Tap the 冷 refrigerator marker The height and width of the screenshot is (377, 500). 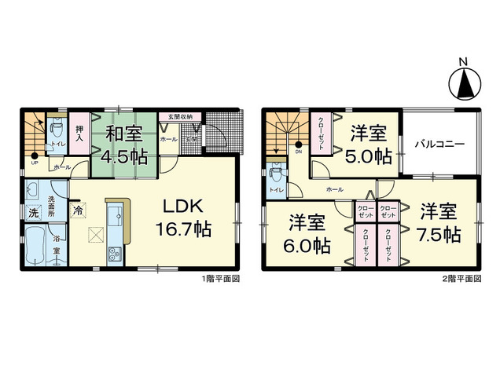(78, 209)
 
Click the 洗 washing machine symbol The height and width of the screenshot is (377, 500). (34, 213)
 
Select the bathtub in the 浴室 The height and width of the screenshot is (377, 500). (35, 249)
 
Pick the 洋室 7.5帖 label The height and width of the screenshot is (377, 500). (439, 222)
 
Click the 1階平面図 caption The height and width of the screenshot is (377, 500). (222, 279)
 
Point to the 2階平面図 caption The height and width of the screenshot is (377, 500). (463, 279)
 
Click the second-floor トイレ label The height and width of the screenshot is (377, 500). (275, 190)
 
